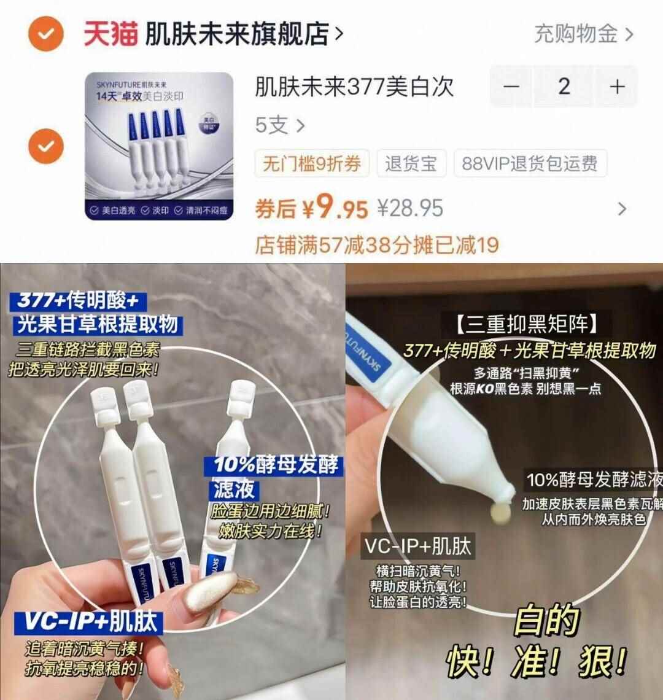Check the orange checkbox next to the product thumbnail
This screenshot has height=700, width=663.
click(47, 146)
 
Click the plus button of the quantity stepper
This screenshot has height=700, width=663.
click(616, 87)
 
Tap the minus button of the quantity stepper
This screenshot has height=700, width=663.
click(511, 87)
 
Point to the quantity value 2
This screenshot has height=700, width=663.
click(564, 87)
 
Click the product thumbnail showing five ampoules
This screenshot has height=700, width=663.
click(158, 146)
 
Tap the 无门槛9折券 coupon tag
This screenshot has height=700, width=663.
click(311, 164)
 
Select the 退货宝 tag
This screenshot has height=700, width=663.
click(411, 164)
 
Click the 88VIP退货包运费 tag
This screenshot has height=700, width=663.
click(530, 164)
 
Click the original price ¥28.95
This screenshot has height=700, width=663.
click(410, 209)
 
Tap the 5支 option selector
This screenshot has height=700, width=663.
click(279, 126)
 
